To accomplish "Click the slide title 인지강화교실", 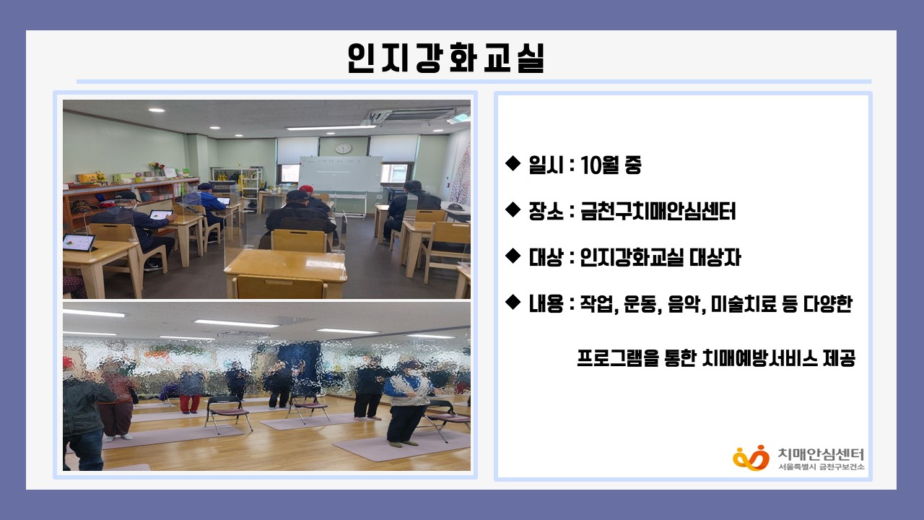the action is (446, 58).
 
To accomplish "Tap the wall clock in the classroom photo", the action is (343, 148).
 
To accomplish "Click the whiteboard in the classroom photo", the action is (341, 173).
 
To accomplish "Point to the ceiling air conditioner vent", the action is (417, 114).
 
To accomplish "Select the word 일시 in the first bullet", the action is (546, 165).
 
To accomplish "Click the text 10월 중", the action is (611, 165).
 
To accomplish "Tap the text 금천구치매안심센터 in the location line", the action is (658, 212).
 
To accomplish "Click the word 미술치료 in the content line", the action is (741, 304).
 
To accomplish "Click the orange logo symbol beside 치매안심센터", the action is (751, 458).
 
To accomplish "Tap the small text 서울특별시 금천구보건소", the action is (821, 467).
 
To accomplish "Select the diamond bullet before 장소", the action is (513, 209).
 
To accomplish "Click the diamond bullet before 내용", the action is (513, 302).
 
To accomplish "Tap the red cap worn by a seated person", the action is (306, 188).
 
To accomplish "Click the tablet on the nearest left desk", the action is (79, 242).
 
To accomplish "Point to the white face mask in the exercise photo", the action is (413, 372).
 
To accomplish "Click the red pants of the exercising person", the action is (190, 403).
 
